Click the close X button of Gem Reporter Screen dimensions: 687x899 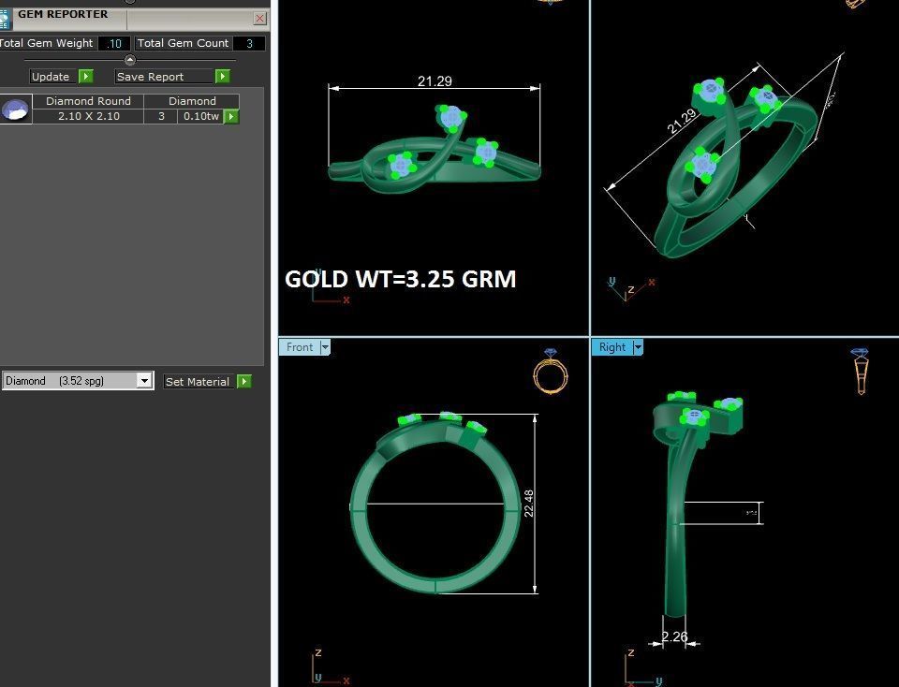(x=259, y=18)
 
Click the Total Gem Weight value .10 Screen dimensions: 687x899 (x=114, y=43)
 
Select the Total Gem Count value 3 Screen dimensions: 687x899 (x=249, y=43)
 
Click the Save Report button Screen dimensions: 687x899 (x=163, y=77)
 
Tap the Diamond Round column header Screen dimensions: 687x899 (x=88, y=101)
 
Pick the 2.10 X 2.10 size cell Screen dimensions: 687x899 (x=88, y=116)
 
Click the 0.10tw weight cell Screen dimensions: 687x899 (x=200, y=116)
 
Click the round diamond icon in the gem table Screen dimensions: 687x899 (x=15, y=110)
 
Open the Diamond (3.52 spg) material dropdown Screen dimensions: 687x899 (x=144, y=381)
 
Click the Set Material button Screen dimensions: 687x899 (x=198, y=382)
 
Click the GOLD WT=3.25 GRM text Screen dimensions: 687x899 (x=400, y=279)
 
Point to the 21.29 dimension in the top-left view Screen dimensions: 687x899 (x=435, y=81)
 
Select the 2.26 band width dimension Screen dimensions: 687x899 (x=674, y=637)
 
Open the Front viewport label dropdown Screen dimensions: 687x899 (x=326, y=347)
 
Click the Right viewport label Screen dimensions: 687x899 (x=612, y=347)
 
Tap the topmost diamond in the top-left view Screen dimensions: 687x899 (x=451, y=116)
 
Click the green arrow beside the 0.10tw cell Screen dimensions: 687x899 (x=231, y=117)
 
